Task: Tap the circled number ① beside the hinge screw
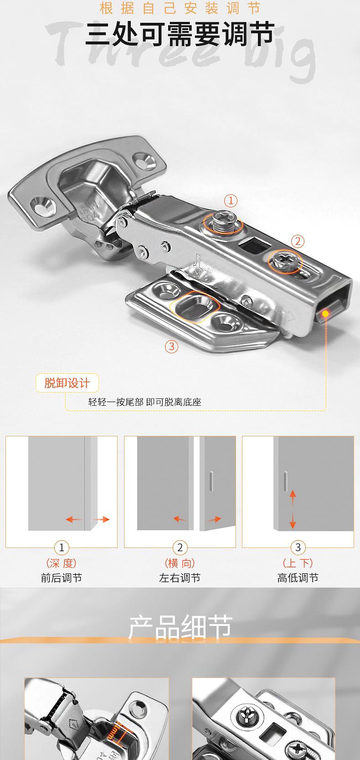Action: (231, 201)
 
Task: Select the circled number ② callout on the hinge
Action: (297, 241)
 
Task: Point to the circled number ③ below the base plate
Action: (171, 346)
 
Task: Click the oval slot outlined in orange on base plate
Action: (195, 307)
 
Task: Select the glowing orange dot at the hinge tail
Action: (325, 313)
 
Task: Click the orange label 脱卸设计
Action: (67, 383)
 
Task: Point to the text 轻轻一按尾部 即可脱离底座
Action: (144, 402)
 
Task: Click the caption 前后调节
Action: (62, 578)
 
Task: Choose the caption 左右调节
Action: (180, 578)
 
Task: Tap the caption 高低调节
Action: (298, 578)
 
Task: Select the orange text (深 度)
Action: (62, 563)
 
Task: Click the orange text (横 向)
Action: (180, 563)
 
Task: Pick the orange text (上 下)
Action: (298, 563)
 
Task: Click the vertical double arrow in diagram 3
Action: (293, 509)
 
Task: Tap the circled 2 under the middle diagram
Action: (180, 548)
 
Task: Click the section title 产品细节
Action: (180, 627)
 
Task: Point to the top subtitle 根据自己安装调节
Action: (180, 8)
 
